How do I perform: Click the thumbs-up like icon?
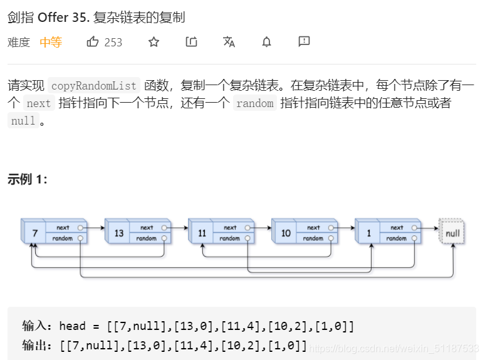click(x=93, y=42)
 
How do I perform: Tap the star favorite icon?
click(x=154, y=42)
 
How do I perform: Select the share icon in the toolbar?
click(x=192, y=42)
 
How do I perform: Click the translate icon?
click(x=229, y=42)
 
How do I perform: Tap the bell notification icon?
click(x=266, y=42)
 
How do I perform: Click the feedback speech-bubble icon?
click(x=304, y=42)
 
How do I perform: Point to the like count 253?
click(x=113, y=43)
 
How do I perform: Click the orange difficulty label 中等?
click(x=51, y=42)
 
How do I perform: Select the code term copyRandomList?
click(x=93, y=86)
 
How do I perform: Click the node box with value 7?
click(x=35, y=233)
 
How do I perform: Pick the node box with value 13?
click(x=118, y=233)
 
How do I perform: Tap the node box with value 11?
click(x=202, y=233)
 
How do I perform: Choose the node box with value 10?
click(x=286, y=233)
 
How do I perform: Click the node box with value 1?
click(x=369, y=233)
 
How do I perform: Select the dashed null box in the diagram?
click(x=452, y=233)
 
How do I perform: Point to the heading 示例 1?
click(x=28, y=179)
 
